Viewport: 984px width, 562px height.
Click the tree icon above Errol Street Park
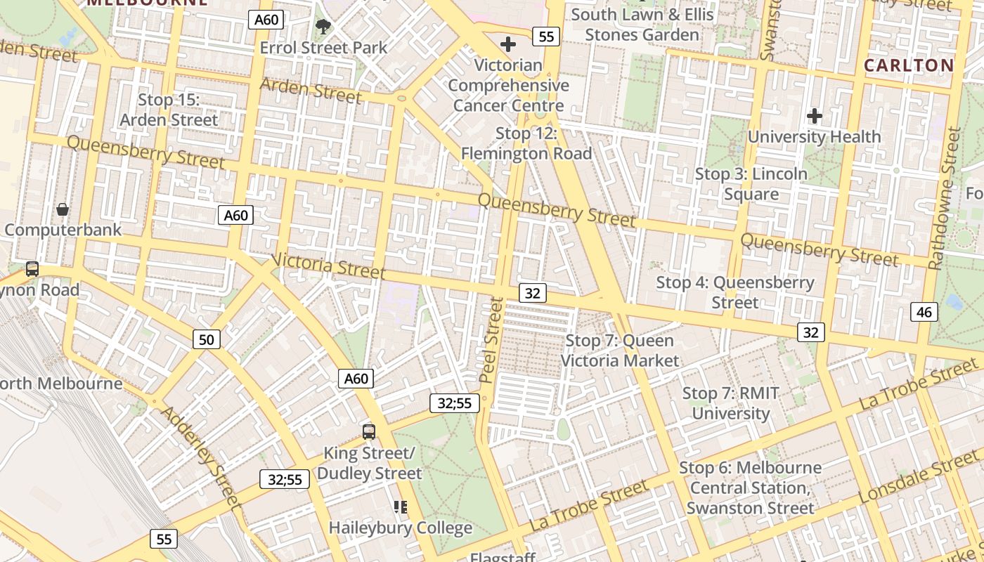323,27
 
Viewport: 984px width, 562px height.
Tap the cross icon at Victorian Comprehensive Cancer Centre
507,44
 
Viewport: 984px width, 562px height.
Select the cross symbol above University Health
815,115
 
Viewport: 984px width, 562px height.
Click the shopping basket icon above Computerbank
63,209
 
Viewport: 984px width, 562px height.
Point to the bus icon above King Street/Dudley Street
369,431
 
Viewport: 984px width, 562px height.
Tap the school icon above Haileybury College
401,507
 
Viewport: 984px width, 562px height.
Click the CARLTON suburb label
909,65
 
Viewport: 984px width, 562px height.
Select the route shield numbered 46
924,311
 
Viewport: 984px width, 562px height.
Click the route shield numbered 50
206,340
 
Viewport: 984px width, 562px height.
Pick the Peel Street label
492,340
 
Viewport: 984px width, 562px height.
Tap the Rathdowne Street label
943,198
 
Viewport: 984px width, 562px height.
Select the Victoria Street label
328,266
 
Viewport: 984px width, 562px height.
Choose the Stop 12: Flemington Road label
526,143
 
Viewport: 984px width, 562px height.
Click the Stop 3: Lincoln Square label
751,183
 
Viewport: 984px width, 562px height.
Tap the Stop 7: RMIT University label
731,403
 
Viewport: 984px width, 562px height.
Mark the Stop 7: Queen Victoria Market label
620,351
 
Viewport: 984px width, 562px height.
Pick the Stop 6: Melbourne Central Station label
750,488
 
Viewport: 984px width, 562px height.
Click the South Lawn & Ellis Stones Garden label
642,25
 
